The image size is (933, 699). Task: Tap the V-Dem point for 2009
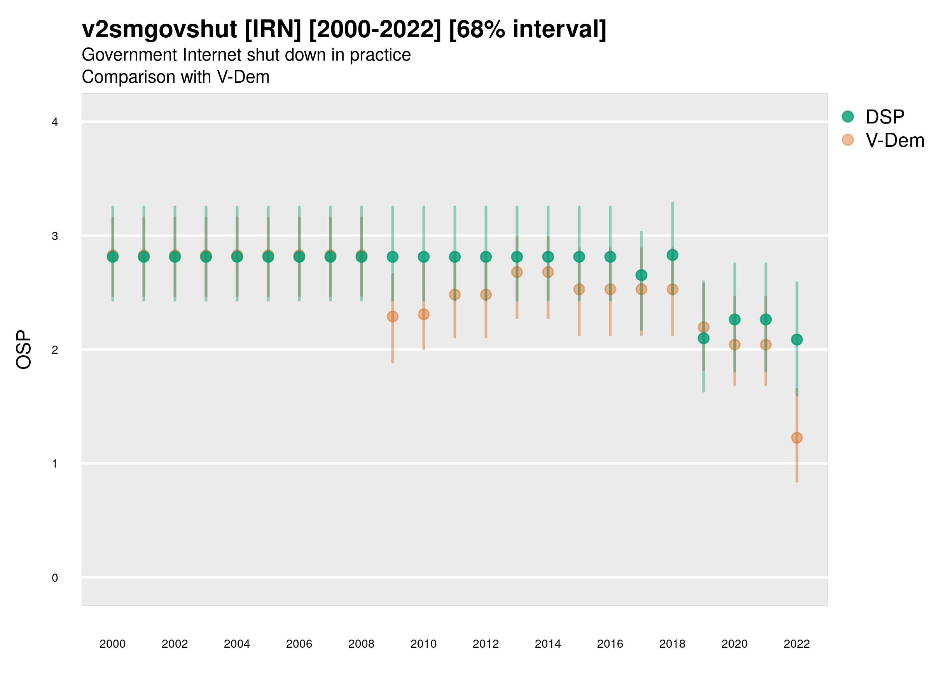pos(393,316)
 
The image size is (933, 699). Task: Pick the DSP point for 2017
pos(641,275)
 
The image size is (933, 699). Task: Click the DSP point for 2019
pos(704,338)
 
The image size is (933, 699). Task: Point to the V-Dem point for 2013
pos(517,272)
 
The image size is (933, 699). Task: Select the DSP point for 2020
pos(735,319)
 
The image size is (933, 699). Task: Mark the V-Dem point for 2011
pos(455,294)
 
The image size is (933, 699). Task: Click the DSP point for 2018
pos(672,255)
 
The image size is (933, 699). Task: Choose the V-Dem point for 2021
pos(766,345)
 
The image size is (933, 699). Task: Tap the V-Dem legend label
pos(895,140)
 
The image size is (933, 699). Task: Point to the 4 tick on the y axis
pos(55,122)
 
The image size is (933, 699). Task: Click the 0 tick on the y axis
pos(55,578)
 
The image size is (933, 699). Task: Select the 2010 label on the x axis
pos(423,644)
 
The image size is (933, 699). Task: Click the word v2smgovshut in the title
pos(159,30)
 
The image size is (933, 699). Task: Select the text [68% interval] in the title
pos(527,30)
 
